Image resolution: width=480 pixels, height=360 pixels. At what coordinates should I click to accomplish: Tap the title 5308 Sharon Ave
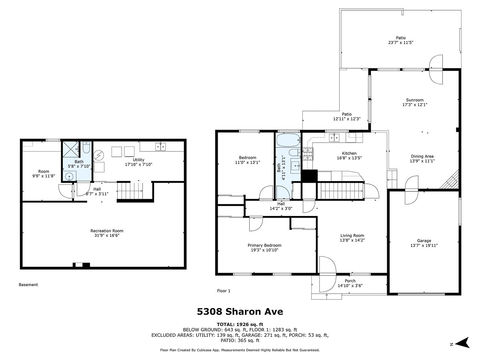click(x=240, y=312)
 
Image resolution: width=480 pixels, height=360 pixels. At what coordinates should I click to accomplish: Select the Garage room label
click(x=424, y=241)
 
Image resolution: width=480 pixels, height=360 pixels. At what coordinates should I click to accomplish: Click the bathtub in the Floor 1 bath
click(x=288, y=140)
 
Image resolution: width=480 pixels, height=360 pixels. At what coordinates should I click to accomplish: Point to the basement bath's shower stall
click(x=71, y=149)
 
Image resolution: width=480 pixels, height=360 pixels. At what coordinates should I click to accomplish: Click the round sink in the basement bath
click(x=69, y=176)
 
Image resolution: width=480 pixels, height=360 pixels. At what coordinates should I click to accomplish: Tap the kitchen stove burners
click(x=308, y=154)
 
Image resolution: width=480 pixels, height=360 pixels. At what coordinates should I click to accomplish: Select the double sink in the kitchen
click(x=334, y=138)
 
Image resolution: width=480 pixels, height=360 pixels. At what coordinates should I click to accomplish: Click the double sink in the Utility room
click(x=160, y=147)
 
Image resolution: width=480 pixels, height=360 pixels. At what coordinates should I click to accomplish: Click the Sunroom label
click(x=415, y=100)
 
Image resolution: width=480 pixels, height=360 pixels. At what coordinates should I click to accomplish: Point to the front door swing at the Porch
click(x=327, y=274)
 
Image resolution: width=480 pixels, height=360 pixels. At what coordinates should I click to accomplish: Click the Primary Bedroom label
click(x=264, y=245)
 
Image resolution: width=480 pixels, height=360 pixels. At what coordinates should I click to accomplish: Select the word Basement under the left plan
click(x=28, y=284)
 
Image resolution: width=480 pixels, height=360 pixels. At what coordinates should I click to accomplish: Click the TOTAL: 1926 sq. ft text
click(x=240, y=324)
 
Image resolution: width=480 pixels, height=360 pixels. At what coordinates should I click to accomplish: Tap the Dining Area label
click(x=422, y=156)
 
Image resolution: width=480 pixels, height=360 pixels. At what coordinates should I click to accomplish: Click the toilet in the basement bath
click(x=86, y=148)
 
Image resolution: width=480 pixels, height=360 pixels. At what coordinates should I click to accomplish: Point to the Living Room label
click(x=352, y=236)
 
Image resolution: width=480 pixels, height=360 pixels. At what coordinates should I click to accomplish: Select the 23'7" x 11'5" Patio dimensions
click(x=401, y=43)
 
